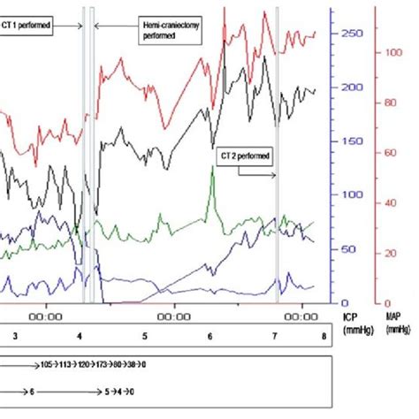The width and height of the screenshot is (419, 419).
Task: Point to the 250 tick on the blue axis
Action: [x=352, y=34]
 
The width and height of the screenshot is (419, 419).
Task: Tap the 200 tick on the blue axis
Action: [x=352, y=88]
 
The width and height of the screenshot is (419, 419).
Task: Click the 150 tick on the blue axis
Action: [x=352, y=141]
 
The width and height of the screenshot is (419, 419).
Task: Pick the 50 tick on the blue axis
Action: [x=352, y=249]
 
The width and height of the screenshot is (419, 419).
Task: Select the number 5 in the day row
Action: [x=143, y=337]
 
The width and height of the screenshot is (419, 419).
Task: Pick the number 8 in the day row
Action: [x=324, y=337]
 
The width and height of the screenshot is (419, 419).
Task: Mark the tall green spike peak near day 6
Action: [x=211, y=168]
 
